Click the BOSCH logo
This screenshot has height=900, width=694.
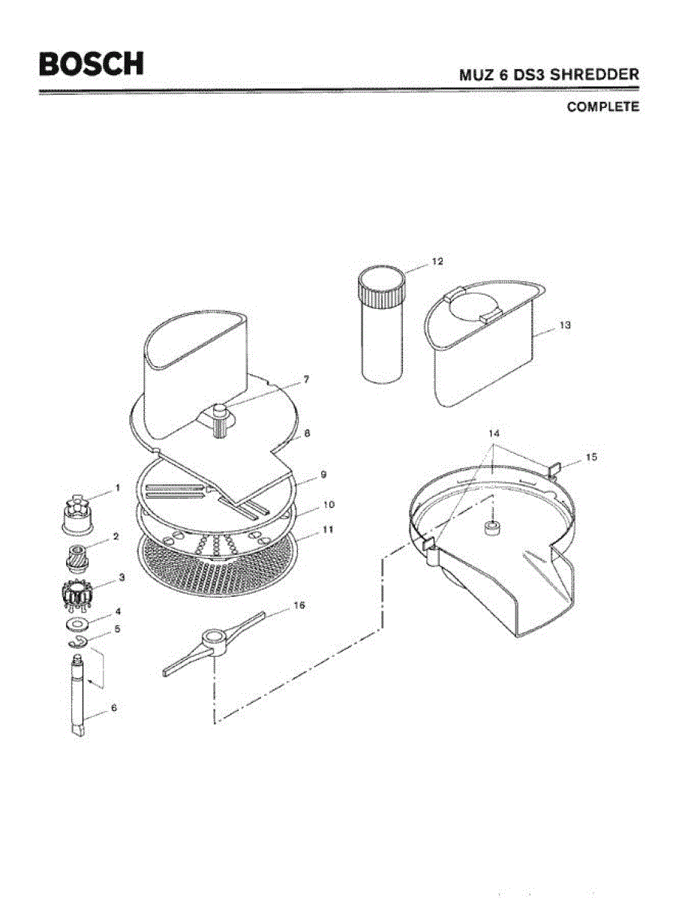[92, 63]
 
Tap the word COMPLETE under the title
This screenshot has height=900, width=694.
[602, 106]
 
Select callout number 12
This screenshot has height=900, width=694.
[437, 262]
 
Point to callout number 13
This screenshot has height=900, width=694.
[565, 325]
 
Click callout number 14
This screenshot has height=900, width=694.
[494, 433]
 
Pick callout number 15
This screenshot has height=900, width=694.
[591, 456]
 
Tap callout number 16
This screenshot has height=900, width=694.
[298, 605]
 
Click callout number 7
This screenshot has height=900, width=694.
[305, 379]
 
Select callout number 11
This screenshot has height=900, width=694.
[328, 529]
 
